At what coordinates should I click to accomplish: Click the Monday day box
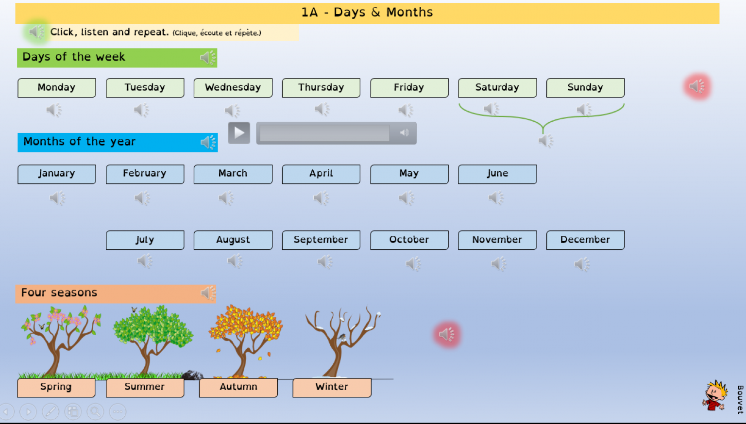point(57,88)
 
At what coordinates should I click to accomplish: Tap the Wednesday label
point(233,88)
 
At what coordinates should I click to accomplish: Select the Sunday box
point(585,88)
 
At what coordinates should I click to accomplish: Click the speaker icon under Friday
point(406,111)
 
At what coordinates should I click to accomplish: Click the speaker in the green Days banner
point(208,58)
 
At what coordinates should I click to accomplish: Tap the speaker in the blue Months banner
point(208,142)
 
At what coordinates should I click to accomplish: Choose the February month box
point(145,174)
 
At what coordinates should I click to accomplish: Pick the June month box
point(497,174)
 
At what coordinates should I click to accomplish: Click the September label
point(321,240)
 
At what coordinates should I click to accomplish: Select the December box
point(585,240)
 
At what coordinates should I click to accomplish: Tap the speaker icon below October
point(413,264)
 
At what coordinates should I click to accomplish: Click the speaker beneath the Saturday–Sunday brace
point(546,141)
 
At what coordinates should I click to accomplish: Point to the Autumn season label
point(238,387)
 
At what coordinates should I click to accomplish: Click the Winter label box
point(332,387)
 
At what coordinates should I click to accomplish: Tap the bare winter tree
point(342,340)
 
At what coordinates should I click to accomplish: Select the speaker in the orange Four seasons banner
point(208,293)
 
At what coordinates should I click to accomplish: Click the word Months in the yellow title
point(409,13)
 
